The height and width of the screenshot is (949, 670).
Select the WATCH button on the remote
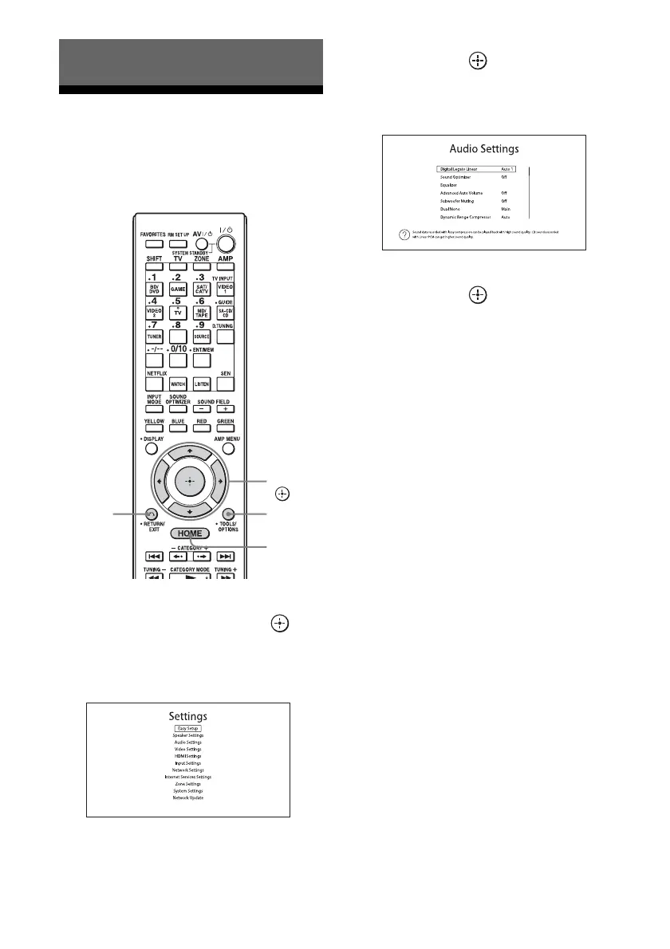click(178, 384)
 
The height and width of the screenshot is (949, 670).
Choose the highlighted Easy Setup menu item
click(188, 728)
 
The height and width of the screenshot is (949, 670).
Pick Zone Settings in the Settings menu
click(188, 784)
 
